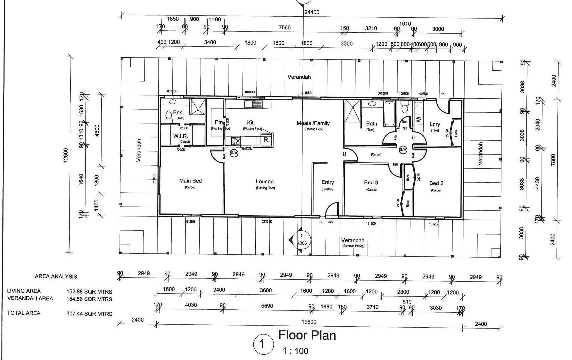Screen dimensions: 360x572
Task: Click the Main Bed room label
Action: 190,181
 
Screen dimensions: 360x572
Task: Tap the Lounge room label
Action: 265,182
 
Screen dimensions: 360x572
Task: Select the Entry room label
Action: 327,182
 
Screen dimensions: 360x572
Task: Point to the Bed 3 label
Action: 371,183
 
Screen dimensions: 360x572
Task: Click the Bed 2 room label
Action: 436,183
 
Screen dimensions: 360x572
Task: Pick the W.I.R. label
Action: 181,136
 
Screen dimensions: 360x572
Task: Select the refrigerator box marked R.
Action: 266,140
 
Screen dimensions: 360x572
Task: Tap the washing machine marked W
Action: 419,119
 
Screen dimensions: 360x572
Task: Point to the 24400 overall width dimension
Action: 312,12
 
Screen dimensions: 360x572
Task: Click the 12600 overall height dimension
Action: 66,155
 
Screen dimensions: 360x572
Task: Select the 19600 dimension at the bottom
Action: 309,322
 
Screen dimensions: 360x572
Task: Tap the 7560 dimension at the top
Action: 285,28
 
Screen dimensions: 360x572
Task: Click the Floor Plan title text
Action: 307,335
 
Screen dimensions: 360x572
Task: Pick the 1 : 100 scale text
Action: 295,351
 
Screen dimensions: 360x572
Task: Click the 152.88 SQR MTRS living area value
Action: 89,292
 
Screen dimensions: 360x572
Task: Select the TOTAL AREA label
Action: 24,313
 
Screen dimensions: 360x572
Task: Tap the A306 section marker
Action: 302,243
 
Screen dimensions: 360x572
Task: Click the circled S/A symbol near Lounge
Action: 234,153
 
